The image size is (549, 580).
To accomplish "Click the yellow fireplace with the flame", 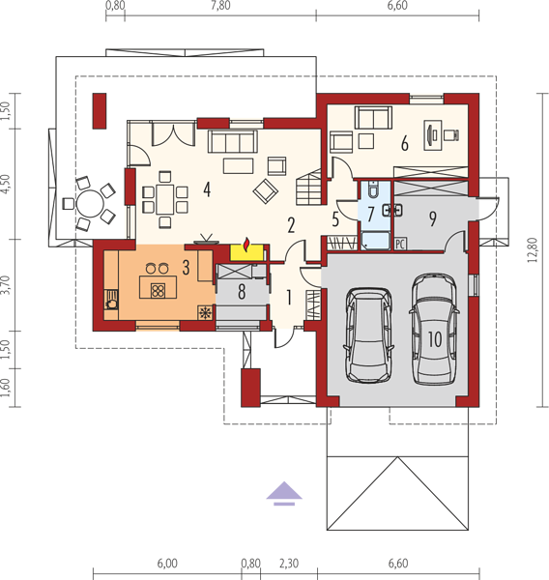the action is click(246, 252).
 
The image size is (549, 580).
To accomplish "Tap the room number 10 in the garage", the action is click(435, 338).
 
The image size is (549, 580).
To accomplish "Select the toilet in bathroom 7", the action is click(372, 188).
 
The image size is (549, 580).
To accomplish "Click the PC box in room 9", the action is click(400, 245).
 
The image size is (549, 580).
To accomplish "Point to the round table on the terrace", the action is click(90, 203).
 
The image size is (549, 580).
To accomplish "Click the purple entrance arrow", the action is click(284, 493).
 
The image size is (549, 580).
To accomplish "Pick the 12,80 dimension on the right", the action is click(533, 249).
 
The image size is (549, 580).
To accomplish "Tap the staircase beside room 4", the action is click(308, 187).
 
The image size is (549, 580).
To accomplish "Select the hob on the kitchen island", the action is click(158, 291).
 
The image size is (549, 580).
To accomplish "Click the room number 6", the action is click(405, 143).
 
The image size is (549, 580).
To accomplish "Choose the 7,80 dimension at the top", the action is click(220, 6).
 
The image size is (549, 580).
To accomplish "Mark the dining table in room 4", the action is click(165, 199).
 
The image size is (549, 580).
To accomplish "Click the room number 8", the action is click(242, 291).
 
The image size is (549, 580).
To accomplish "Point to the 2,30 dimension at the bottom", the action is click(289, 564).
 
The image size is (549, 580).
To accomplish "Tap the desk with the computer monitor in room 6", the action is click(432, 135).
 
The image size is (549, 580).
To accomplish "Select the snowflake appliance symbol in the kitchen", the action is click(205, 313).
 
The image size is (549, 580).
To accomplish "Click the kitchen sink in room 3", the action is click(111, 300).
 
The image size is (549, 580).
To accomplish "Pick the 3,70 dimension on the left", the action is click(5, 285).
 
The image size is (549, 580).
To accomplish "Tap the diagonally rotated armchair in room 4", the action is click(265, 191).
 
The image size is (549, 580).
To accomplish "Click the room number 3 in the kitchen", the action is click(187, 268).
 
